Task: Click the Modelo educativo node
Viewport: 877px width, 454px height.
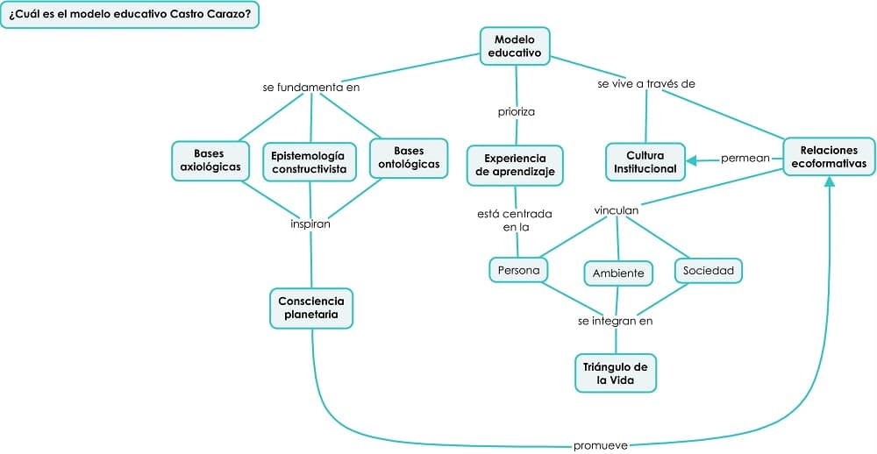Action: point(515,46)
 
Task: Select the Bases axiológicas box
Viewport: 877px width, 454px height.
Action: point(210,160)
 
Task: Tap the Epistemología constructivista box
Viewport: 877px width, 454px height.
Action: point(310,162)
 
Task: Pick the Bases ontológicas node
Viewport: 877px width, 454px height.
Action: point(408,158)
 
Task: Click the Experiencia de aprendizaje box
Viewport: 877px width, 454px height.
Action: point(514,165)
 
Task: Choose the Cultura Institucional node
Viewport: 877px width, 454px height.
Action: point(645,162)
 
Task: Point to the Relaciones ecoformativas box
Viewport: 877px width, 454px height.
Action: point(829,157)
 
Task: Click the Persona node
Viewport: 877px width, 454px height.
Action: point(518,270)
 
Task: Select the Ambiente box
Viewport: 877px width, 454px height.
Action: point(618,273)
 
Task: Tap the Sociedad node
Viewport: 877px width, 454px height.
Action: point(709,270)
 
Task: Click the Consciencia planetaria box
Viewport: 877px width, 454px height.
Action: point(311,308)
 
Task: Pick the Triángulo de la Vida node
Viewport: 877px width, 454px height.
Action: point(616,372)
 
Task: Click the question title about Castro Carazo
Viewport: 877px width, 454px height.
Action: point(130,15)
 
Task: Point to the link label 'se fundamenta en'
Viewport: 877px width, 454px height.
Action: point(311,87)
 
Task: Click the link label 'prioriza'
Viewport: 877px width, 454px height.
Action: point(516,111)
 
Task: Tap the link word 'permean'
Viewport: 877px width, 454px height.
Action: point(745,159)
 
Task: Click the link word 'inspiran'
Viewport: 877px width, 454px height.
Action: point(310,223)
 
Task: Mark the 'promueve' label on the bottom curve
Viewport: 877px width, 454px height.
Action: point(600,445)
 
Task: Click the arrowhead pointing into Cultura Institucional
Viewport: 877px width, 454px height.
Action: point(693,160)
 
